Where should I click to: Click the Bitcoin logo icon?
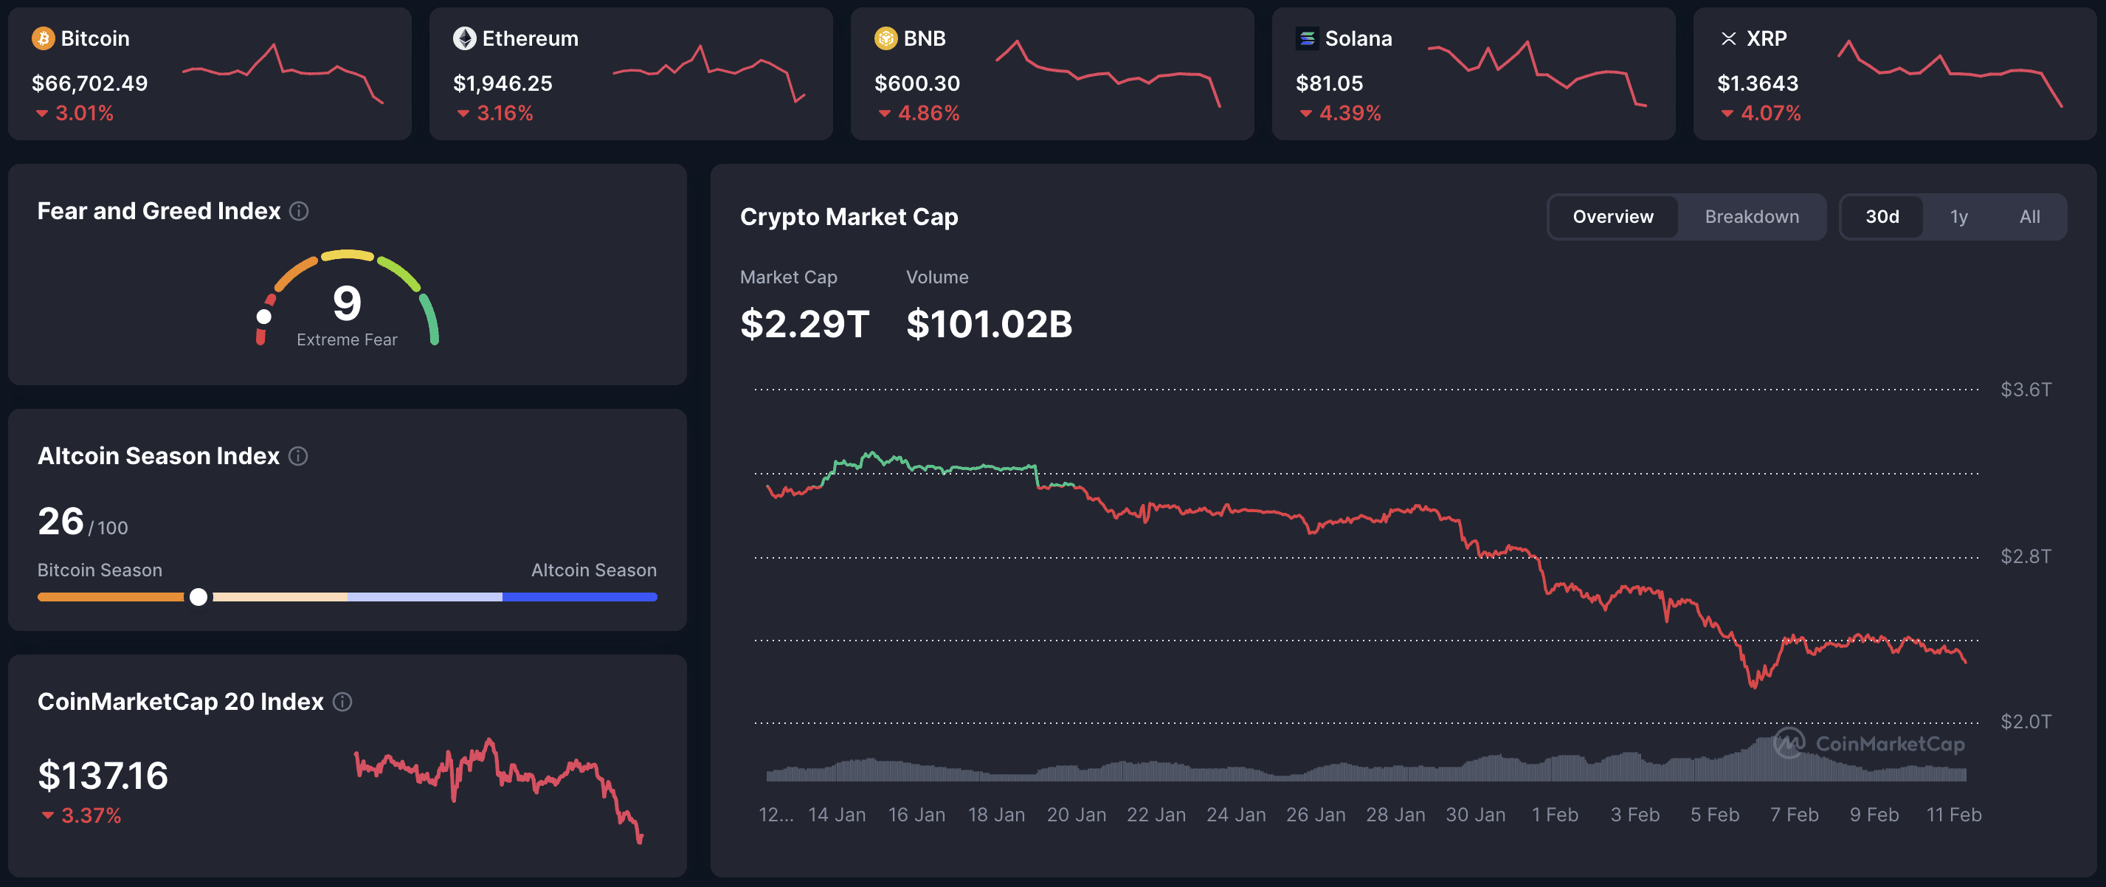[43, 38]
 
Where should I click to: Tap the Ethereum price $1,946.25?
[503, 83]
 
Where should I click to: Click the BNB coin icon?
[885, 38]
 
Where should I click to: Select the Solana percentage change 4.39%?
[1349, 114]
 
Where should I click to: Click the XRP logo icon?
[1728, 38]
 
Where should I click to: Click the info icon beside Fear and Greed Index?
[299, 211]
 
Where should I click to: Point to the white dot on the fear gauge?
[264, 317]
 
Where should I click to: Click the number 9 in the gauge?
[347, 303]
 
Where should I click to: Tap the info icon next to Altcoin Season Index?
[298, 456]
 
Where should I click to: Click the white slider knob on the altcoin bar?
[198, 597]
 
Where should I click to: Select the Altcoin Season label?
[593, 570]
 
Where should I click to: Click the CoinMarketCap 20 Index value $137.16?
[103, 775]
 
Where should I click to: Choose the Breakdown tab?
[1751, 217]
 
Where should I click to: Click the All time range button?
[2029, 217]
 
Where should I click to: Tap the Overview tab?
[1612, 217]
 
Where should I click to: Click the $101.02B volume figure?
[990, 324]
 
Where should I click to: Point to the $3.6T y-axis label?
[2025, 389]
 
